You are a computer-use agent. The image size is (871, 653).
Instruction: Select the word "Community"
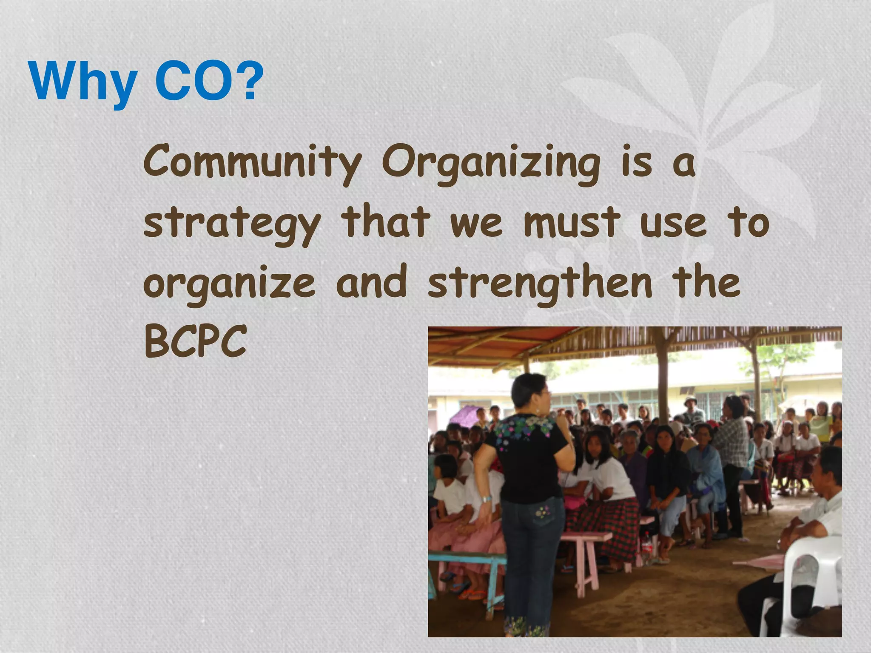[252, 164]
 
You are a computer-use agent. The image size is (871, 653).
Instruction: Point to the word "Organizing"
[490, 164]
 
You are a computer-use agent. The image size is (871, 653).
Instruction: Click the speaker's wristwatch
[486, 499]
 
